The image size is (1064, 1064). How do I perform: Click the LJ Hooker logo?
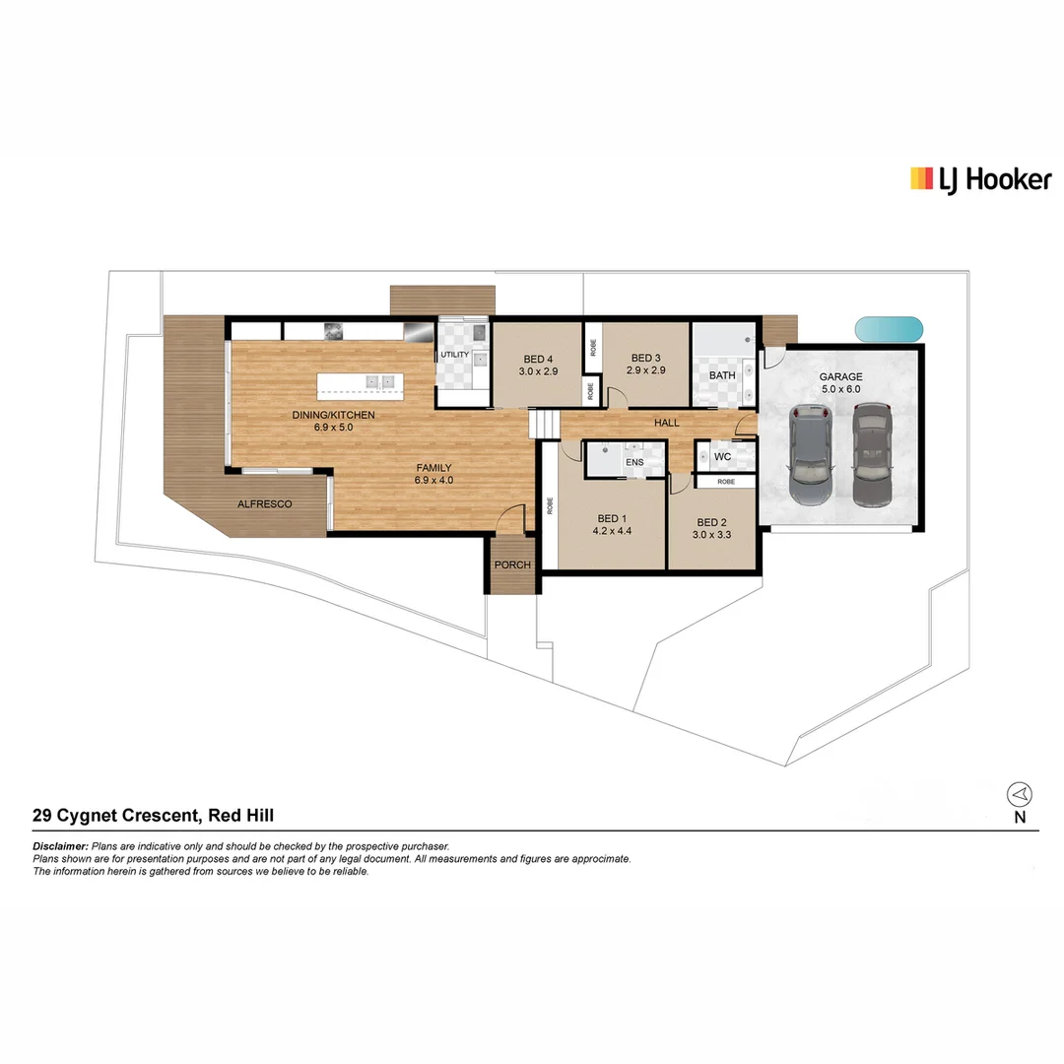pos(979,179)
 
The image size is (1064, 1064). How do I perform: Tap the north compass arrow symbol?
pos(1020,794)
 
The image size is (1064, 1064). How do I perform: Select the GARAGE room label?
pos(840,376)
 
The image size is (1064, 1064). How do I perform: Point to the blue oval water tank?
pos(889,329)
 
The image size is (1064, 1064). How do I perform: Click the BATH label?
pos(722,375)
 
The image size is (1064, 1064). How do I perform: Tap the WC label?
pos(722,457)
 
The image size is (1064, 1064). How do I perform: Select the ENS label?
pos(633,461)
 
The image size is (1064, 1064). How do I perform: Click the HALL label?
pos(667,423)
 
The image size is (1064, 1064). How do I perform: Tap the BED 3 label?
pos(645,358)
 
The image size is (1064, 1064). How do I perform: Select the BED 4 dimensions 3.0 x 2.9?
pos(538,371)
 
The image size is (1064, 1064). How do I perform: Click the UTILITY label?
pos(454,354)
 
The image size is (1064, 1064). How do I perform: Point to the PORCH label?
pos(512,565)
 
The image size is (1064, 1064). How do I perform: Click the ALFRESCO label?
pos(265,503)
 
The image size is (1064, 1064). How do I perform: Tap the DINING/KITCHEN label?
pos(334,415)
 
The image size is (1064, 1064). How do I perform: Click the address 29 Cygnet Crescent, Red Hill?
pos(153,815)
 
